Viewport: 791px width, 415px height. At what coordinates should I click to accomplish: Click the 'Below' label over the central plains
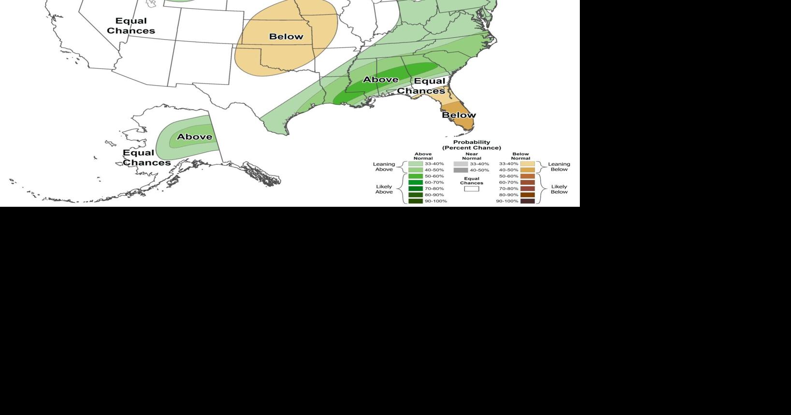coord(286,37)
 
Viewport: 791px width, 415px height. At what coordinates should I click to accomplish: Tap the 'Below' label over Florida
coord(459,115)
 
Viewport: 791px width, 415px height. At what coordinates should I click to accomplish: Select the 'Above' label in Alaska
coord(194,137)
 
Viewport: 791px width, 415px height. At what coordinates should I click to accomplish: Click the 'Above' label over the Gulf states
coord(380,79)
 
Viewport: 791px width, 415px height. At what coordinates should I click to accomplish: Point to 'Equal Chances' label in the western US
coord(131,26)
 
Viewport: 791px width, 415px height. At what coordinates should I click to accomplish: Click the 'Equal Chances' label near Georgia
coord(421,86)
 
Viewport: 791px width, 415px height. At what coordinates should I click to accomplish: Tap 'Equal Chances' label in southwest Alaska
coord(146,157)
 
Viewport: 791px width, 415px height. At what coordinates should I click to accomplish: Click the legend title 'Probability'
coord(471,142)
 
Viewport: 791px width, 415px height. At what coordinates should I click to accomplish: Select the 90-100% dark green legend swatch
coord(416,201)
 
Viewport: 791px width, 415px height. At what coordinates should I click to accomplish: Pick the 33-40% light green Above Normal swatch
coord(416,164)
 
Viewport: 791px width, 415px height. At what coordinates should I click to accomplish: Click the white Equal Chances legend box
coord(471,189)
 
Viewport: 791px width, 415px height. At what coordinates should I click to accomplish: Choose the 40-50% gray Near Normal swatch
coord(460,170)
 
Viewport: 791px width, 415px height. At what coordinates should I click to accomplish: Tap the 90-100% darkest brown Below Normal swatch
coord(527,201)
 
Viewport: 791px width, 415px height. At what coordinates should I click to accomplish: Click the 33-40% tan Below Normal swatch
coord(527,164)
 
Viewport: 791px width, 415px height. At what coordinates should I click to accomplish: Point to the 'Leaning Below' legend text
coord(559,167)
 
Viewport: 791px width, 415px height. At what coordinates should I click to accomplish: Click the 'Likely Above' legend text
coord(384,189)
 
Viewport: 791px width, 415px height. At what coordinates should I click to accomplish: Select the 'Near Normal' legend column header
coord(471,156)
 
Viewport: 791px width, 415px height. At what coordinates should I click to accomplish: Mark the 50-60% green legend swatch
coord(416,176)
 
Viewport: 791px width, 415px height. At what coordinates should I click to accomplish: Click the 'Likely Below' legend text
coord(559,189)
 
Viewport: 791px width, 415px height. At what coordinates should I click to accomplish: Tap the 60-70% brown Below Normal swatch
coord(527,183)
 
